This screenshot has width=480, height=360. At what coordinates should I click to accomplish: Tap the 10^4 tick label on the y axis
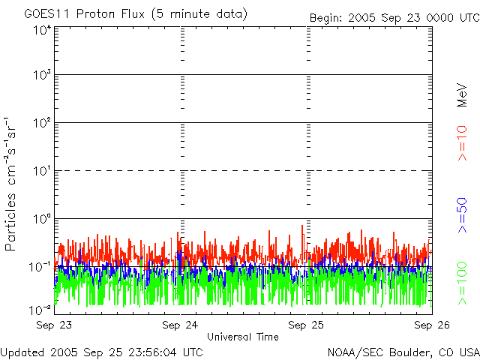pos(41,31)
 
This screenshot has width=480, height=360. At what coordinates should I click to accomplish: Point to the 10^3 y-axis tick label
pos(41,75)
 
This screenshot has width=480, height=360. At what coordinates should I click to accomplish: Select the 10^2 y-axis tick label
pos(41,123)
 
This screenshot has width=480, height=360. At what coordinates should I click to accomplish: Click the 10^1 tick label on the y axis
pos(41,171)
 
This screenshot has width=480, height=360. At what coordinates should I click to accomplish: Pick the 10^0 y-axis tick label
pos(41,219)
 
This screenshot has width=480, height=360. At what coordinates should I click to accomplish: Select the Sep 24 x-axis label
pos(180,325)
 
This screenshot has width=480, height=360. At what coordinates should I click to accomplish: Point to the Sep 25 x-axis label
pos(307,325)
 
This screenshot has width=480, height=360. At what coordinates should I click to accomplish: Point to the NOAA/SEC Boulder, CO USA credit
pos(403,352)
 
